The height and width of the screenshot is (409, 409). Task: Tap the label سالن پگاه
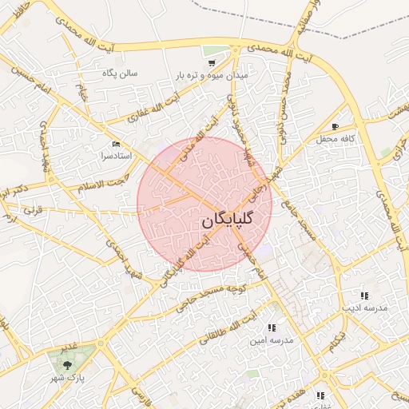[120, 73]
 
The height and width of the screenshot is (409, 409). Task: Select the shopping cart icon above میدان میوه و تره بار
[212, 62]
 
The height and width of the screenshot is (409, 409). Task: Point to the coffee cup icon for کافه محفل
[335, 126]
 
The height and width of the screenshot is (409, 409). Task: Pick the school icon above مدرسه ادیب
[364, 296]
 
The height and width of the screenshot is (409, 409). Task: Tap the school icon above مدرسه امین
[272, 328]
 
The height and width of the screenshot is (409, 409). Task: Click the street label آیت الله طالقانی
[232, 329]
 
